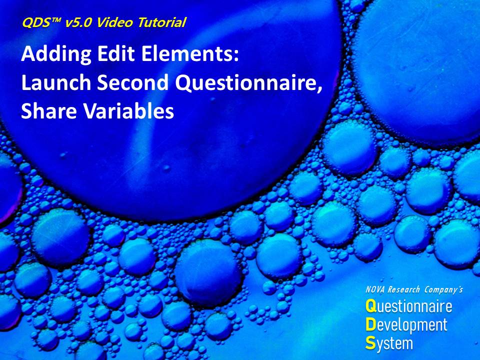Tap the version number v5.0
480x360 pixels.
click(x=78, y=22)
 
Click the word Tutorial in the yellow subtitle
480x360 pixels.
click(x=162, y=22)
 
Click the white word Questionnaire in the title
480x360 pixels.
click(x=246, y=82)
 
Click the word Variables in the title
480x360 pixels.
click(x=128, y=110)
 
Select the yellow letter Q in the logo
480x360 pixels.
click(x=370, y=306)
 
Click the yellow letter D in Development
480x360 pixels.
click(x=370, y=324)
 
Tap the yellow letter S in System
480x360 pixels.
click(x=370, y=343)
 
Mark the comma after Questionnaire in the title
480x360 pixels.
click(x=320, y=89)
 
